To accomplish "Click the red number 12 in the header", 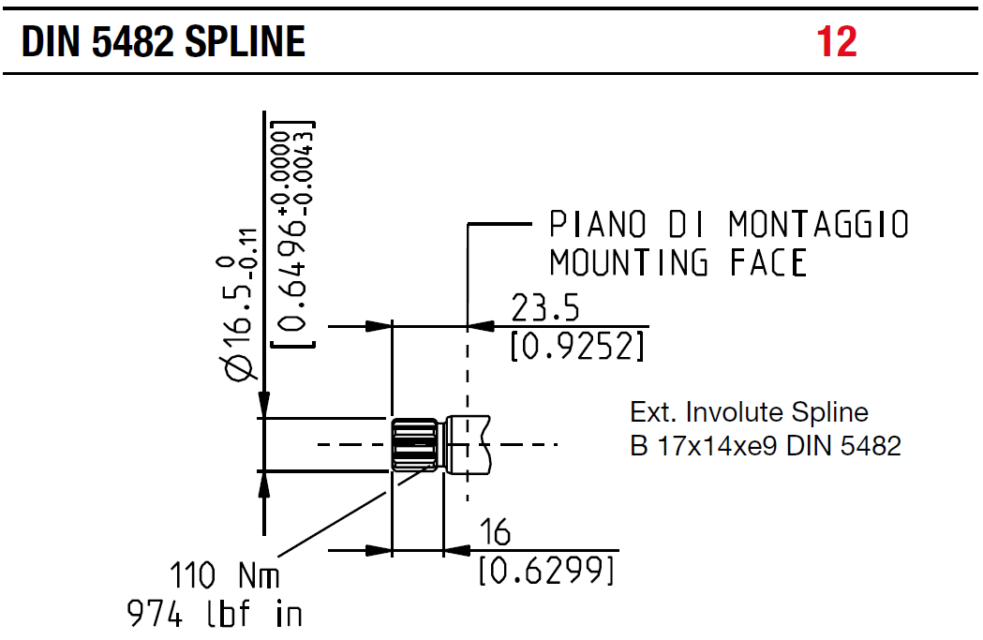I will (837, 41).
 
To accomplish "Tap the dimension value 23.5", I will (546, 307).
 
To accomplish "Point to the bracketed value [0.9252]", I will (577, 347).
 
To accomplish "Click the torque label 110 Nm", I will (224, 574).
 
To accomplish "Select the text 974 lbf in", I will (215, 615).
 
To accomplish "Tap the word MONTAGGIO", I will (818, 226).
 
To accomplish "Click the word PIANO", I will (598, 226).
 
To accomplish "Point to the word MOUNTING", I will (628, 263).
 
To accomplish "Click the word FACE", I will (767, 263).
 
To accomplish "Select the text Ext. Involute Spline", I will (749, 412).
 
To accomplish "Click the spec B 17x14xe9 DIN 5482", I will (765, 445).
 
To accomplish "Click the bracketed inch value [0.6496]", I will (292, 234).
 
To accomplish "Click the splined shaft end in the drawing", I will (413, 444).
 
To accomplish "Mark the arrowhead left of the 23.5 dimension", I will (378, 326).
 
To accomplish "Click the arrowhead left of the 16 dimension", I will (378, 550).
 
